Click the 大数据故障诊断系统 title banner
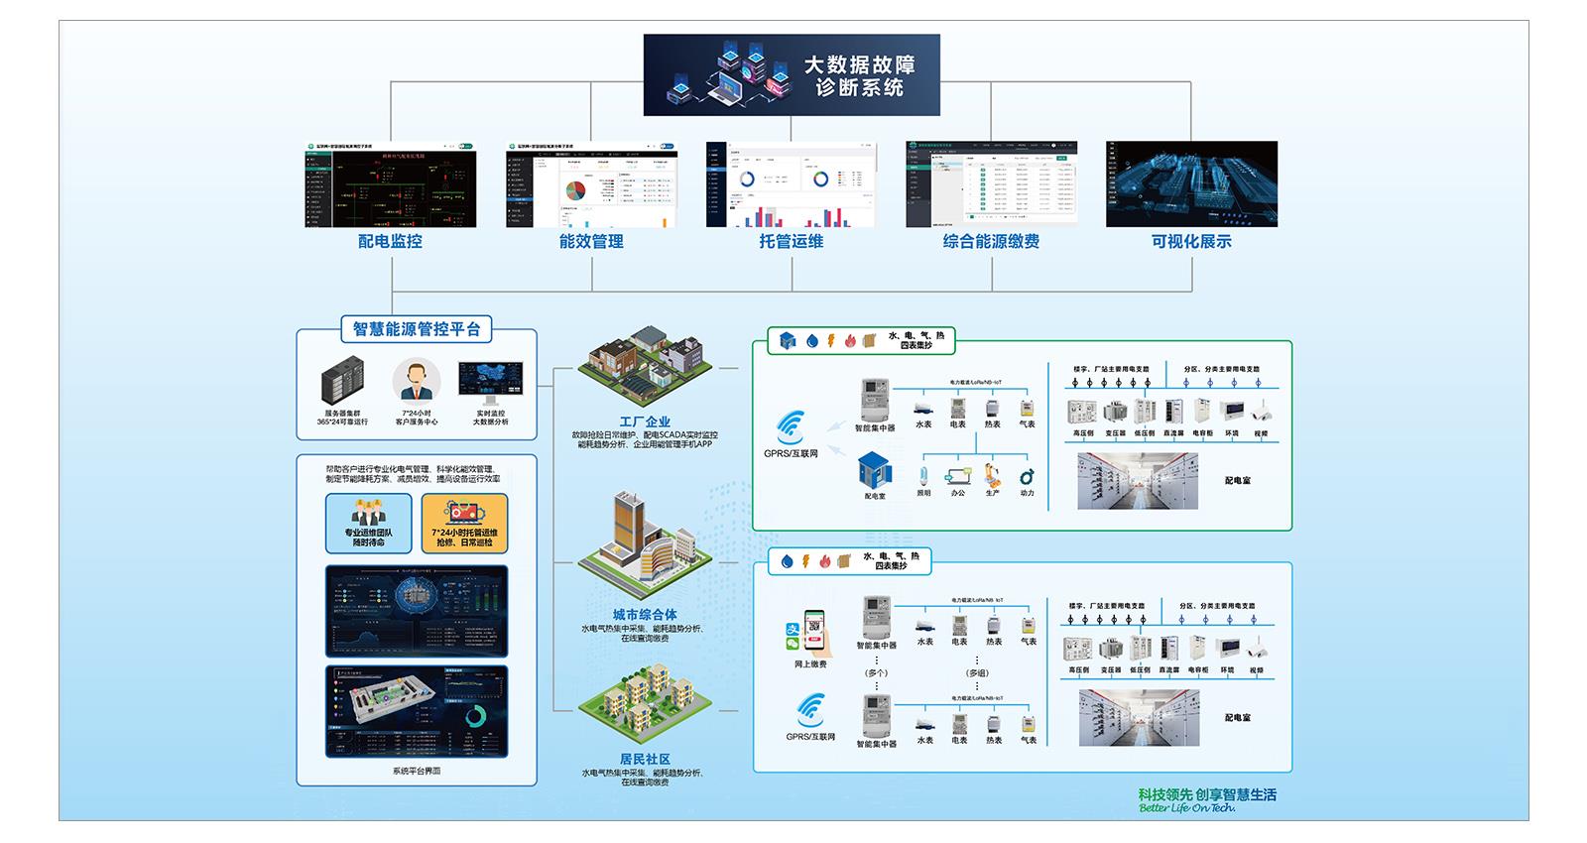pyautogui.click(x=792, y=75)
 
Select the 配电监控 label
pyautogui.click(x=390, y=241)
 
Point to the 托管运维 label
pyautogui.click(x=791, y=241)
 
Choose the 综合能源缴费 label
pyautogui.click(x=991, y=241)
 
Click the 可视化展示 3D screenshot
pyautogui.click(x=1191, y=183)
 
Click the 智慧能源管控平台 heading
pyautogui.click(x=417, y=328)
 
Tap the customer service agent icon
pyautogui.click(x=417, y=380)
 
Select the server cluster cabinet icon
pyautogui.click(x=344, y=384)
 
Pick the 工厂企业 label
pyautogui.click(x=645, y=421)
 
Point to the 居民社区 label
pyautogui.click(x=645, y=759)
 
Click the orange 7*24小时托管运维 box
pyautogui.click(x=464, y=524)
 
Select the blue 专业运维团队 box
pyautogui.click(x=368, y=524)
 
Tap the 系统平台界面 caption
pyautogui.click(x=417, y=771)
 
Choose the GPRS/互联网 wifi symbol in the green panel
pyautogui.click(x=792, y=427)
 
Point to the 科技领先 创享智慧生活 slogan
pyautogui.click(x=1207, y=794)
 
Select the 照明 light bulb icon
pyautogui.click(x=923, y=474)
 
